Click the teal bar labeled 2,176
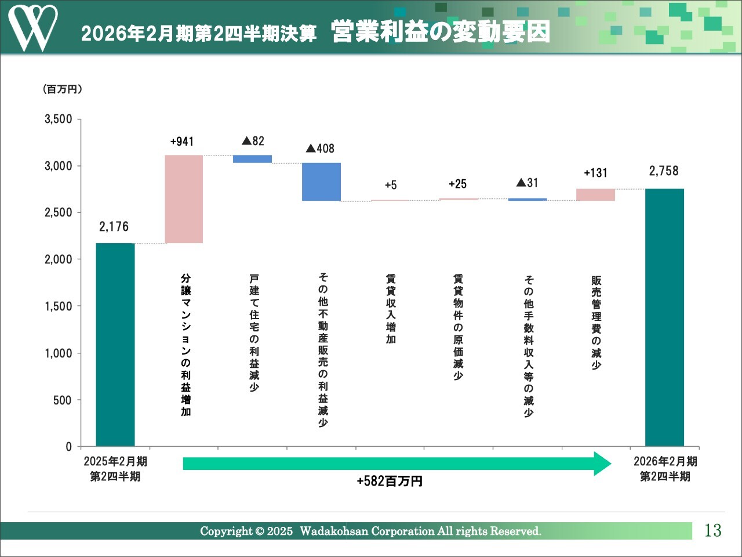[115, 345]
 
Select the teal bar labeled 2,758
[664, 317]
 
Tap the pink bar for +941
[184, 199]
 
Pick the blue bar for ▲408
[321, 182]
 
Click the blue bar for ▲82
[252, 159]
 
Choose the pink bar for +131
[595, 194]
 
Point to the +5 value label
[391, 185]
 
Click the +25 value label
[457, 184]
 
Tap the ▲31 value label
[527, 183]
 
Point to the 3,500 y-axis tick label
[59, 120]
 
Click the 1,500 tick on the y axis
[59, 306]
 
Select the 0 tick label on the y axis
[68, 447]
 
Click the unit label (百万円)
[63, 89]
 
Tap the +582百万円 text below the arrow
[390, 482]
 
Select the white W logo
[32, 27]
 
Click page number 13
[712, 530]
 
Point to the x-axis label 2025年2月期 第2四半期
[115, 469]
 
